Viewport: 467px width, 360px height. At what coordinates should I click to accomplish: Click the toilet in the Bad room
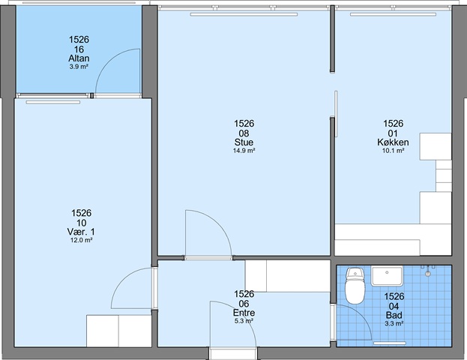coord(355,286)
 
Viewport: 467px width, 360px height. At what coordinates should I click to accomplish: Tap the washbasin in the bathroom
coord(387,276)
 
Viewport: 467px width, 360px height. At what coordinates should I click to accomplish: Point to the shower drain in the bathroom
coord(428,273)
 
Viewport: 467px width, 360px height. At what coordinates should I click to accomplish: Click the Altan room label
coord(79,58)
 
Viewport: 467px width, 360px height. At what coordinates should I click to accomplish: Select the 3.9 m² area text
coord(79,67)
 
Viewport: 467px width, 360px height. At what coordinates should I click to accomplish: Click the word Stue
coord(244,142)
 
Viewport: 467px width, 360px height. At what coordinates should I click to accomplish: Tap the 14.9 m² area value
coord(244,151)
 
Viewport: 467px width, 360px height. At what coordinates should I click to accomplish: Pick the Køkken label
coord(393,142)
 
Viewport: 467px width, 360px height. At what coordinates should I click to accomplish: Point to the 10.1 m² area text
coord(393,151)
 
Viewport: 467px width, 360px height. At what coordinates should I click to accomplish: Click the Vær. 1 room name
coord(81,232)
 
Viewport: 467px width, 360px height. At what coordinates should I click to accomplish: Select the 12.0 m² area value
coord(81,240)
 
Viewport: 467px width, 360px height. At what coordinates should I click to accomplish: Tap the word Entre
coord(244,313)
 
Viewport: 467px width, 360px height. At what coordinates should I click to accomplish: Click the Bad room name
coord(394,315)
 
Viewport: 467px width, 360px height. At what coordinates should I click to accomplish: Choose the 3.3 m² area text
coord(394,323)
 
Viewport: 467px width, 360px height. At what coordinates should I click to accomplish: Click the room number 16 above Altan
coord(79,49)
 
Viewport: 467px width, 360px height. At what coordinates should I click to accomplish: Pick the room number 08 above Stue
coord(244,133)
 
